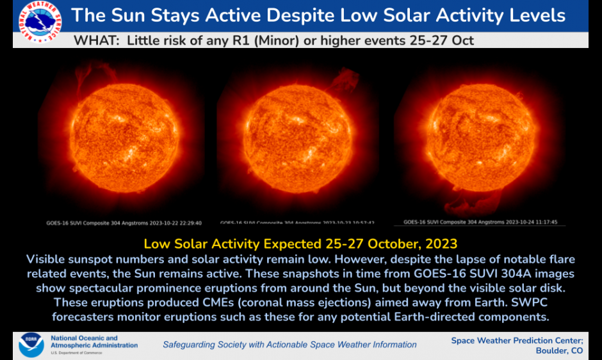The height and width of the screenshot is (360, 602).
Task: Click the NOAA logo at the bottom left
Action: tap(31, 345)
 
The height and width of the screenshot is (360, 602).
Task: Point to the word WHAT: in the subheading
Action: tap(97, 41)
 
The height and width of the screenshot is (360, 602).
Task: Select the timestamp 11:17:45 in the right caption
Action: tap(544, 222)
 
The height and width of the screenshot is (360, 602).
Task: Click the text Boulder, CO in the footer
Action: tap(558, 350)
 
